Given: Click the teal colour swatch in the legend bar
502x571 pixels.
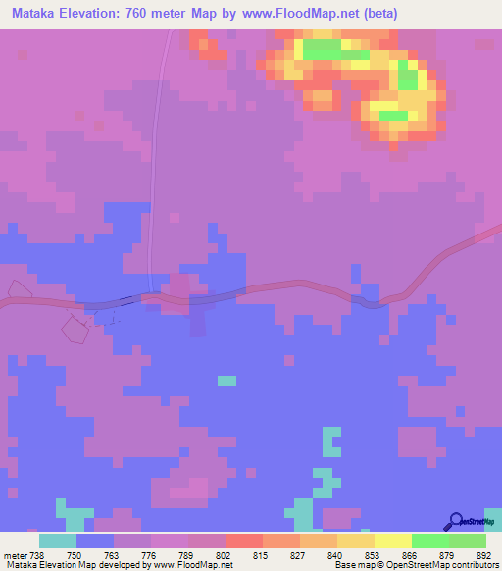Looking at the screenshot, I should tap(58, 541).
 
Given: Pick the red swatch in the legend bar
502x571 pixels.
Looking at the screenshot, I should tap(243, 541).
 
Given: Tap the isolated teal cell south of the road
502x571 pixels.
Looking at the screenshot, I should tap(226, 380).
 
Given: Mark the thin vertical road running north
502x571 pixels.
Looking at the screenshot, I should tap(153, 196).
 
